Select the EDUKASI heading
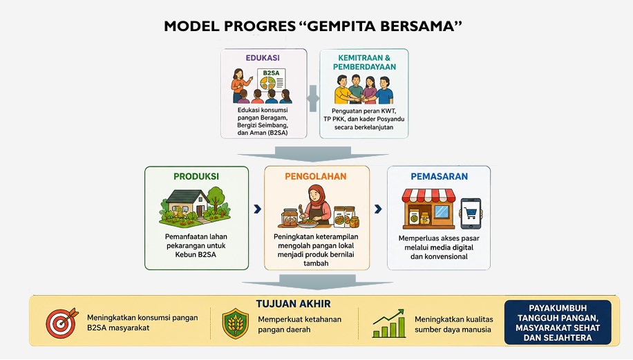[x=263, y=58]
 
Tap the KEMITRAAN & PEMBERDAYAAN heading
[x=364, y=63]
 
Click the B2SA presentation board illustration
[x=272, y=80]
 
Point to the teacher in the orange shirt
[x=239, y=85]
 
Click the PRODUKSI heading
[x=196, y=176]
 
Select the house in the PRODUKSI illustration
[x=188, y=203]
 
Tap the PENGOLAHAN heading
[x=316, y=176]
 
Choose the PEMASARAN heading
[x=440, y=176]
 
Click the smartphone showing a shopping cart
[x=471, y=214]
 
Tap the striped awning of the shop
[x=428, y=196]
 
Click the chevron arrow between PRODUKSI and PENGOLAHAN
[x=257, y=209]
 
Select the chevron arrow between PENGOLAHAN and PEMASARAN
[x=378, y=209]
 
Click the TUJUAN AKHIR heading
[x=294, y=304]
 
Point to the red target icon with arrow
[x=62, y=323]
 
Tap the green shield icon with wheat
[x=236, y=323]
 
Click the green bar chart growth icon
[x=389, y=323]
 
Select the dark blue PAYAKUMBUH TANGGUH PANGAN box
[x=558, y=322]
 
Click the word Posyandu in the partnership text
[x=390, y=119]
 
